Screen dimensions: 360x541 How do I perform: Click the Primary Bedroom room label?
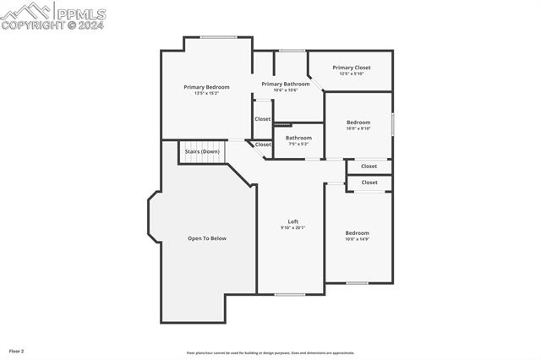(x=207, y=87)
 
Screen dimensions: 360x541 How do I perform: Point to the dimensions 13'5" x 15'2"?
(x=207, y=93)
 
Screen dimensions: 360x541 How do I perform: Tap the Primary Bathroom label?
(x=285, y=84)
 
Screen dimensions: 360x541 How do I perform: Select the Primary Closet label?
(x=351, y=68)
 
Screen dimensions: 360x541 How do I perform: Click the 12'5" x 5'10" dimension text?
(x=351, y=74)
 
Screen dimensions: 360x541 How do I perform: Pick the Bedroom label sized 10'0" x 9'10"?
(x=358, y=123)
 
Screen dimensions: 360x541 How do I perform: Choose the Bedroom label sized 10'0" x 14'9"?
(x=357, y=232)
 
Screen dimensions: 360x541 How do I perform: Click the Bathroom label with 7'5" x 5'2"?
(x=298, y=138)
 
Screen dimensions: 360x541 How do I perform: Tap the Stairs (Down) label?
(x=202, y=151)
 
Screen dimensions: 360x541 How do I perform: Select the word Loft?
(x=292, y=221)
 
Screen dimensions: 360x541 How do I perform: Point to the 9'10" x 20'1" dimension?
(x=292, y=227)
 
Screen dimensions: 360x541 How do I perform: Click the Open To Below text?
(x=207, y=238)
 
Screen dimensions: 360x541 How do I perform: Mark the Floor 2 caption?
(x=17, y=350)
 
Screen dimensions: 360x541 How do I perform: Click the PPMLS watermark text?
(x=79, y=13)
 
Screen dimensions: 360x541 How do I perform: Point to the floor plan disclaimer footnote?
(x=270, y=353)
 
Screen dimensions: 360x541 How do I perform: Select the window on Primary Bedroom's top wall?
(x=217, y=36)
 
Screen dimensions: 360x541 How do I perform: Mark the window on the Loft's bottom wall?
(x=289, y=294)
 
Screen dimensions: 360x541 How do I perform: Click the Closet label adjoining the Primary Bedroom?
(x=263, y=119)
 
